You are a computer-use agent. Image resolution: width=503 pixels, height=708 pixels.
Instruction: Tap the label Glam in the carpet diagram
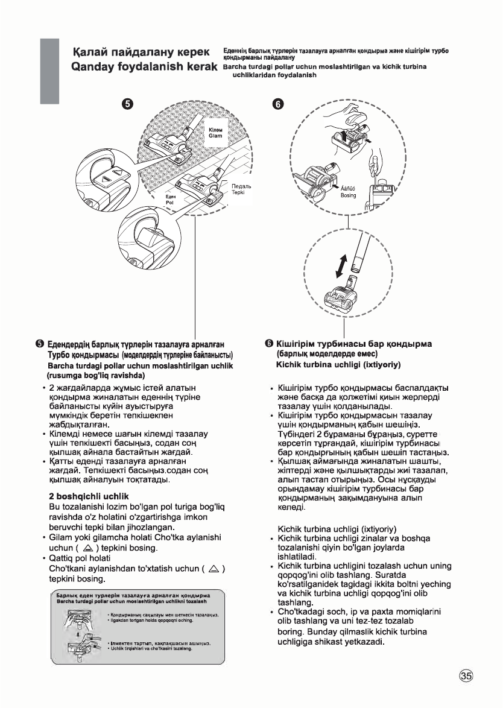pyautogui.click(x=215, y=136)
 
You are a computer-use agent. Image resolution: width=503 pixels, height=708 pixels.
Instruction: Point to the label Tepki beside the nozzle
pyautogui.click(x=238, y=192)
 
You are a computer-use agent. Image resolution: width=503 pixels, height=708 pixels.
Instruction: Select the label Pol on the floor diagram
pyautogui.click(x=169, y=203)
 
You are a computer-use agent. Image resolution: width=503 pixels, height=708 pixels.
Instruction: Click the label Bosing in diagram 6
pyautogui.click(x=349, y=195)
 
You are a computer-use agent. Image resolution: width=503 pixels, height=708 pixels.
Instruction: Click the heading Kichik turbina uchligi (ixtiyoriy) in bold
pyautogui.click(x=338, y=365)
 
